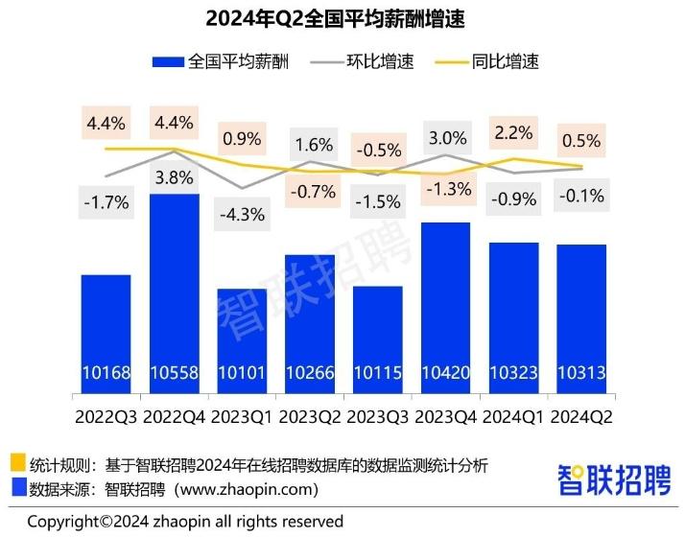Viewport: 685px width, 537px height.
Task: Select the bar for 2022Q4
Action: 174,288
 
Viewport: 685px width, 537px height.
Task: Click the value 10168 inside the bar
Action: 106,373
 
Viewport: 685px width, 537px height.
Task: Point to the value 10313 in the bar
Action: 580,373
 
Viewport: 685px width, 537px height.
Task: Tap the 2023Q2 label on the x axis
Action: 309,417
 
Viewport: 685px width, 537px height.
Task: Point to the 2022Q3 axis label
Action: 106,417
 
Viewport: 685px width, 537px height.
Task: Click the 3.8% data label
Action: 174,177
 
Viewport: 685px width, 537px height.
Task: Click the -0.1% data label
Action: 580,197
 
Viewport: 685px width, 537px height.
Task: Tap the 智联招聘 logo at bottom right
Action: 615,479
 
